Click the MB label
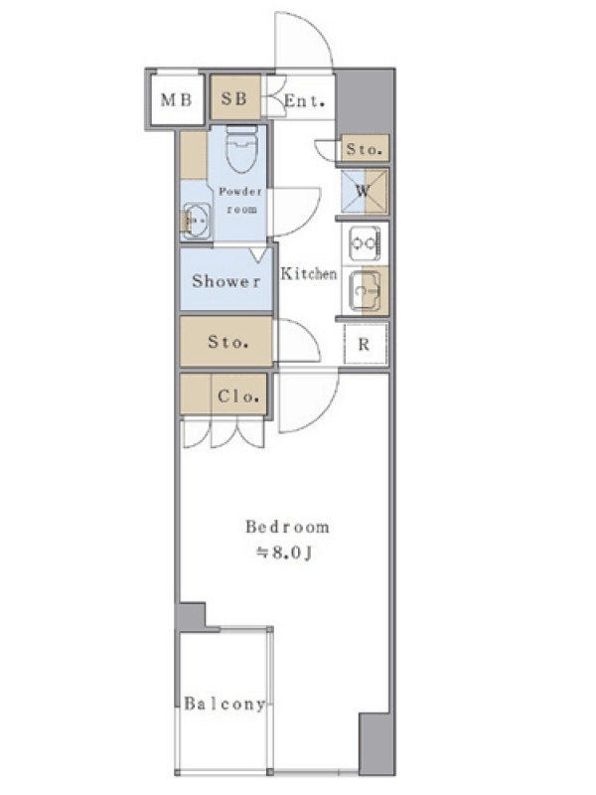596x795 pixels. [x=176, y=100]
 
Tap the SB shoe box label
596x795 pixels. [x=234, y=98]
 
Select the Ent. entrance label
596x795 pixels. [x=304, y=101]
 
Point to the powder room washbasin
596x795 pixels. [x=196, y=221]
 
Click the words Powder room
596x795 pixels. [x=241, y=201]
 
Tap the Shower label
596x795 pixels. [x=226, y=281]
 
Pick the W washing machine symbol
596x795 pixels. [x=364, y=192]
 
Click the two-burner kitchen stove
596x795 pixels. [x=365, y=243]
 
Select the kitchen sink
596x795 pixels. [x=365, y=291]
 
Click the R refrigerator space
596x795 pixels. [x=365, y=344]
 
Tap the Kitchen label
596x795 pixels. [x=309, y=274]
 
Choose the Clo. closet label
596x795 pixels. [x=238, y=396]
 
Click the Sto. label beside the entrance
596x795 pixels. [x=364, y=149]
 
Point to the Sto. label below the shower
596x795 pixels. [x=228, y=342]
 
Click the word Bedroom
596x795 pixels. [x=287, y=527]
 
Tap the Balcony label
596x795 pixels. [x=224, y=704]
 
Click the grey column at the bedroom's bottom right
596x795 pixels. [x=375, y=743]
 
